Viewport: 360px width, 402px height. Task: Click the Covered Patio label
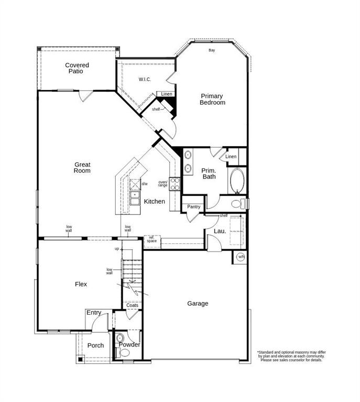point(77,68)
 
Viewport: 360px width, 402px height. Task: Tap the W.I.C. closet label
point(145,80)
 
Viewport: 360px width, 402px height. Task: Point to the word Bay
point(212,50)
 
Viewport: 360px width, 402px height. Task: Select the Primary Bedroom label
point(212,99)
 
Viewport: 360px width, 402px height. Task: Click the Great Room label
point(82,167)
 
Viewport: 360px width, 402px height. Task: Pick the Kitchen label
point(155,202)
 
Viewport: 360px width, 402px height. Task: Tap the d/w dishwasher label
point(145,184)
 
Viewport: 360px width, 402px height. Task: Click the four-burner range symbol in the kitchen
point(175,183)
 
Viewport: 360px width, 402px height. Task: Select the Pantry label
point(193,207)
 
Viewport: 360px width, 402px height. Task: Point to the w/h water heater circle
point(241,256)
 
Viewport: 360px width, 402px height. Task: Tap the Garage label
point(198,304)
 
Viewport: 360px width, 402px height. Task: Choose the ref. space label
point(152,240)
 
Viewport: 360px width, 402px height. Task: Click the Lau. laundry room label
point(220,231)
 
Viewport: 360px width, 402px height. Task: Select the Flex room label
point(81,284)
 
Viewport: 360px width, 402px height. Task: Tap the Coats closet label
point(133,305)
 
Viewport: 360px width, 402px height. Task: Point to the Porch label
point(95,345)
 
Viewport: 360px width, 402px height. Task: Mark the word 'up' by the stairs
point(117,249)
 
